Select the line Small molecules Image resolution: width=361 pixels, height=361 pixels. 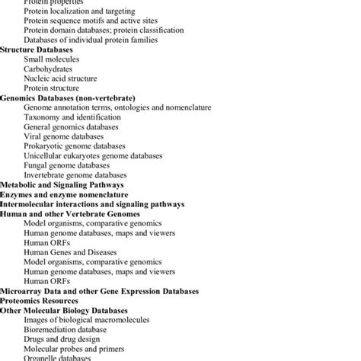51,59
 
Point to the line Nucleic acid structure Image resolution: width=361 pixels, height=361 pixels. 60,78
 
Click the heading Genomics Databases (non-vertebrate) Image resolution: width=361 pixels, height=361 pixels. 68,98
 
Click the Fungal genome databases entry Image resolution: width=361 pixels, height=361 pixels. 67,165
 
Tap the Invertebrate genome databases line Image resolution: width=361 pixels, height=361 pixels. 76,175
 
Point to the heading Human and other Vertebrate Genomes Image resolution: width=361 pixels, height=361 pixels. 70,214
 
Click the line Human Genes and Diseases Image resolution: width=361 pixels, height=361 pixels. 70,252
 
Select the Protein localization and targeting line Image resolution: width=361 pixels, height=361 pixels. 79,11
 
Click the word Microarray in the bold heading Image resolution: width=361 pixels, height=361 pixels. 19,291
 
